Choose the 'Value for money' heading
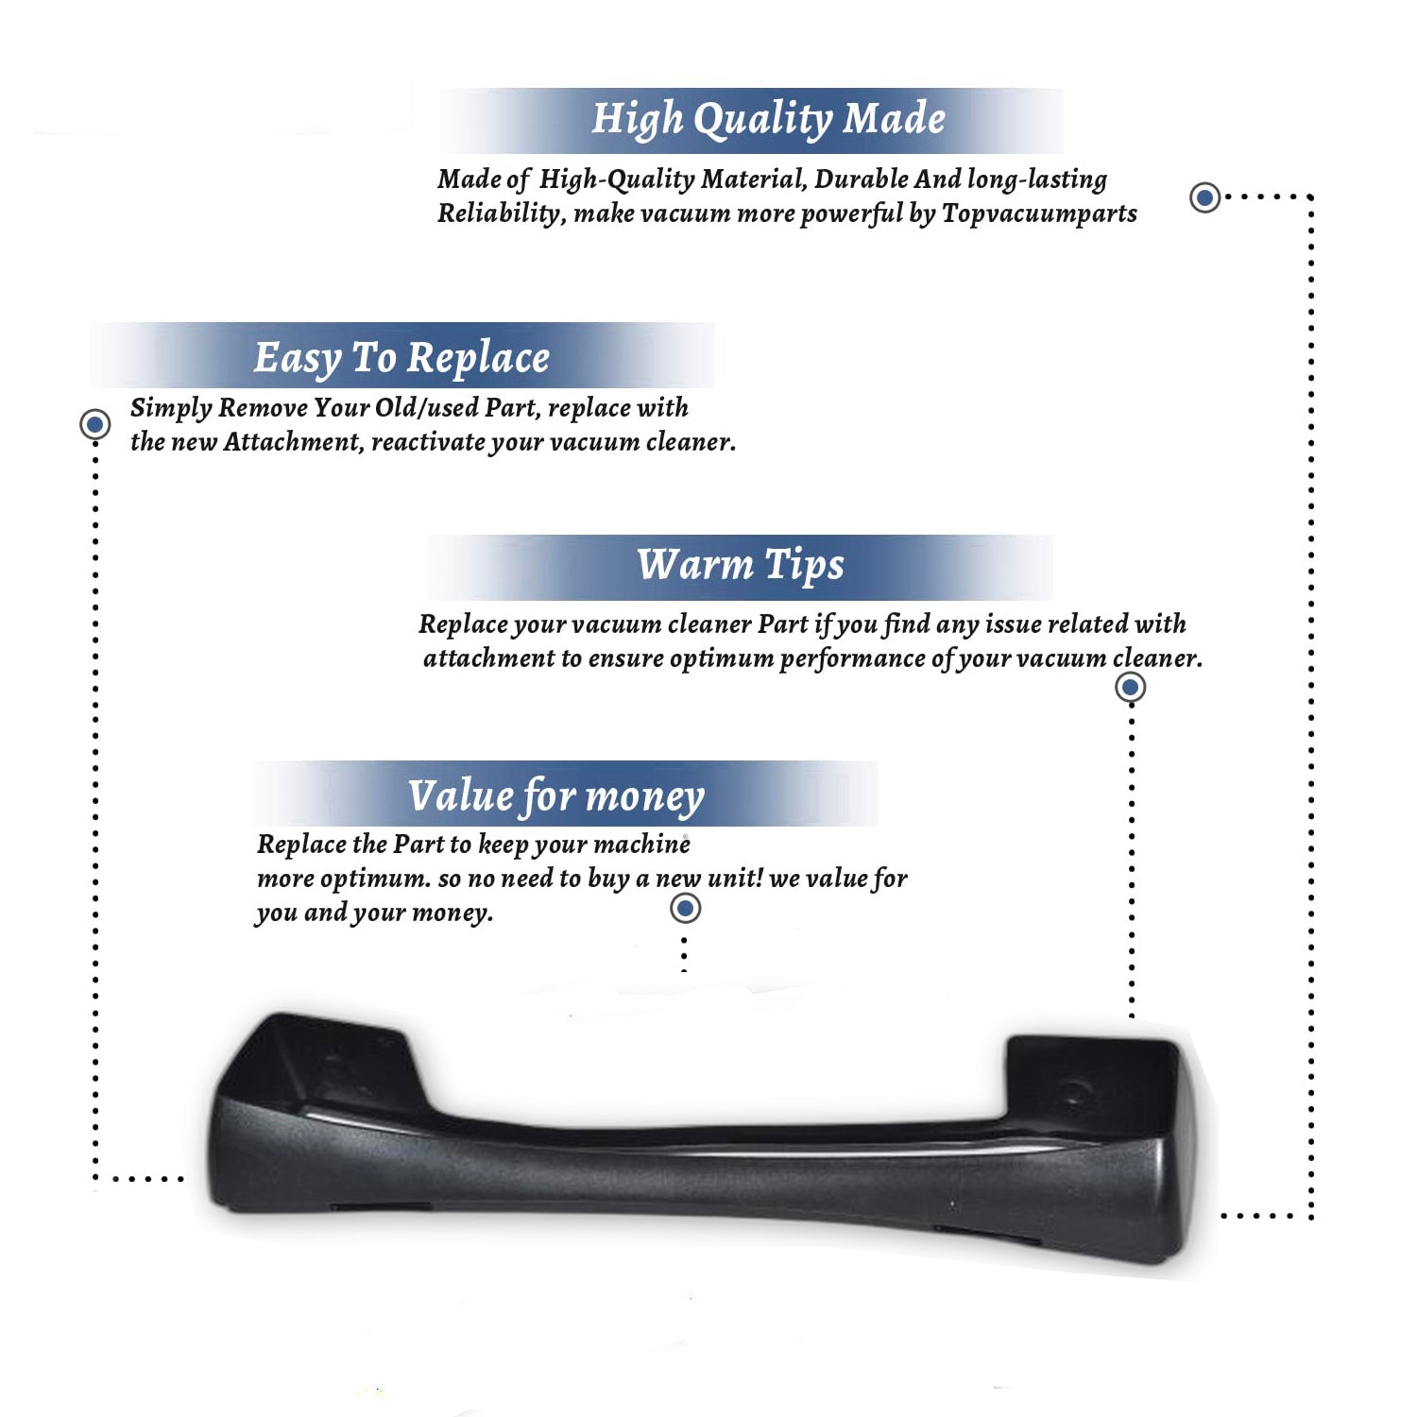tap(555, 796)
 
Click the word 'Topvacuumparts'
tap(1039, 214)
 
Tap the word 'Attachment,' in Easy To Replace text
tap(294, 442)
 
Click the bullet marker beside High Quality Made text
tap(1204, 197)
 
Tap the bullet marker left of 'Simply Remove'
tap(94, 424)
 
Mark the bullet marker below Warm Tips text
tap(1130, 687)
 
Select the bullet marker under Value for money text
tap(685, 909)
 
